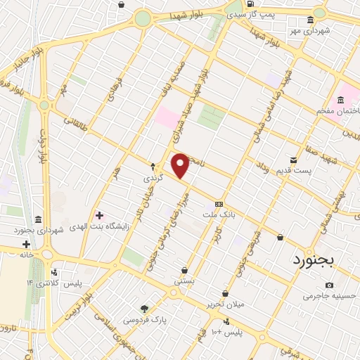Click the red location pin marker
(181, 166)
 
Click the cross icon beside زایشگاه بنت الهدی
(99, 215)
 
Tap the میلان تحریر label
(224, 304)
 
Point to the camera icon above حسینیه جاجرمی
(329, 285)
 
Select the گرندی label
(153, 178)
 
